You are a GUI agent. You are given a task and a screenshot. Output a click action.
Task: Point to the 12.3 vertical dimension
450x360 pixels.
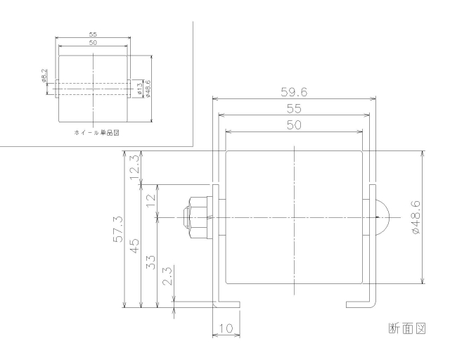134,168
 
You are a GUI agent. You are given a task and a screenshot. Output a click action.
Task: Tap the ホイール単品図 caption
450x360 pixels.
94,131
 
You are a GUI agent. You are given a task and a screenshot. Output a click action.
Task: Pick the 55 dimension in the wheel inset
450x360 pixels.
93,34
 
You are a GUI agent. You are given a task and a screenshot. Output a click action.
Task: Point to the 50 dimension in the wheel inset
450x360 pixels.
93,43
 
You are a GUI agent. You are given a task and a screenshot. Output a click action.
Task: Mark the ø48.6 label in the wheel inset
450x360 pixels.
147,89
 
